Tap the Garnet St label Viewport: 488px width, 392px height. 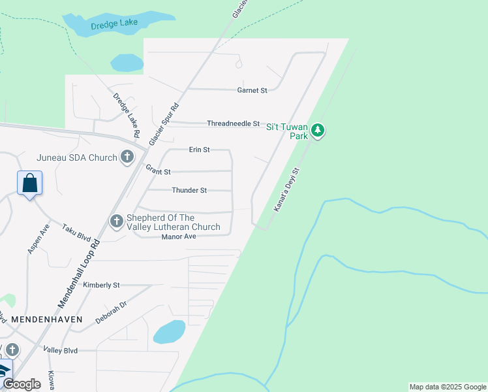[x=252, y=90]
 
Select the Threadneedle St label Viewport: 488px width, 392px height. [x=233, y=123]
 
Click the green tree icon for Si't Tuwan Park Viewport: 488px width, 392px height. [x=318, y=131]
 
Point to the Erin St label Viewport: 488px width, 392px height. [x=199, y=150]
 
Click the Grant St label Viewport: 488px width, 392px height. [x=158, y=171]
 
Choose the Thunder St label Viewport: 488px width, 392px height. [x=189, y=190]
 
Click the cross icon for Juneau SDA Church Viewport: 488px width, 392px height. [x=127, y=157]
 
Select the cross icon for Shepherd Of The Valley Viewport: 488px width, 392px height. [x=117, y=222]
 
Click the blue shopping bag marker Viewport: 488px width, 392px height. [x=30, y=183]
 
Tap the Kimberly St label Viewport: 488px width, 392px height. [x=102, y=285]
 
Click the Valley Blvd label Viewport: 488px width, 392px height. [x=61, y=350]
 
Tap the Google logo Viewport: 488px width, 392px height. [x=22, y=384]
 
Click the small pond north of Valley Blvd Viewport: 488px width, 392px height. [x=169, y=331]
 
